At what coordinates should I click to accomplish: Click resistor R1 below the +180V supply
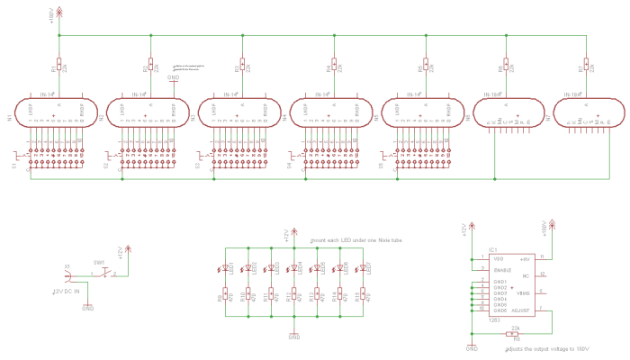[x=58, y=65]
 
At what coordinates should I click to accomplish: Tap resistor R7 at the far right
[x=586, y=65]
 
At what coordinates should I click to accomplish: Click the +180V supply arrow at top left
[x=59, y=12]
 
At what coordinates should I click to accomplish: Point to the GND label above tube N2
[x=174, y=77]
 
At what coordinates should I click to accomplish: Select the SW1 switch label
[x=100, y=263]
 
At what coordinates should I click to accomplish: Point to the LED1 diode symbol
[x=225, y=268]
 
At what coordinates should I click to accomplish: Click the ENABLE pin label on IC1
[x=503, y=269]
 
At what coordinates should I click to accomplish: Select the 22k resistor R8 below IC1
[x=515, y=332]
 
